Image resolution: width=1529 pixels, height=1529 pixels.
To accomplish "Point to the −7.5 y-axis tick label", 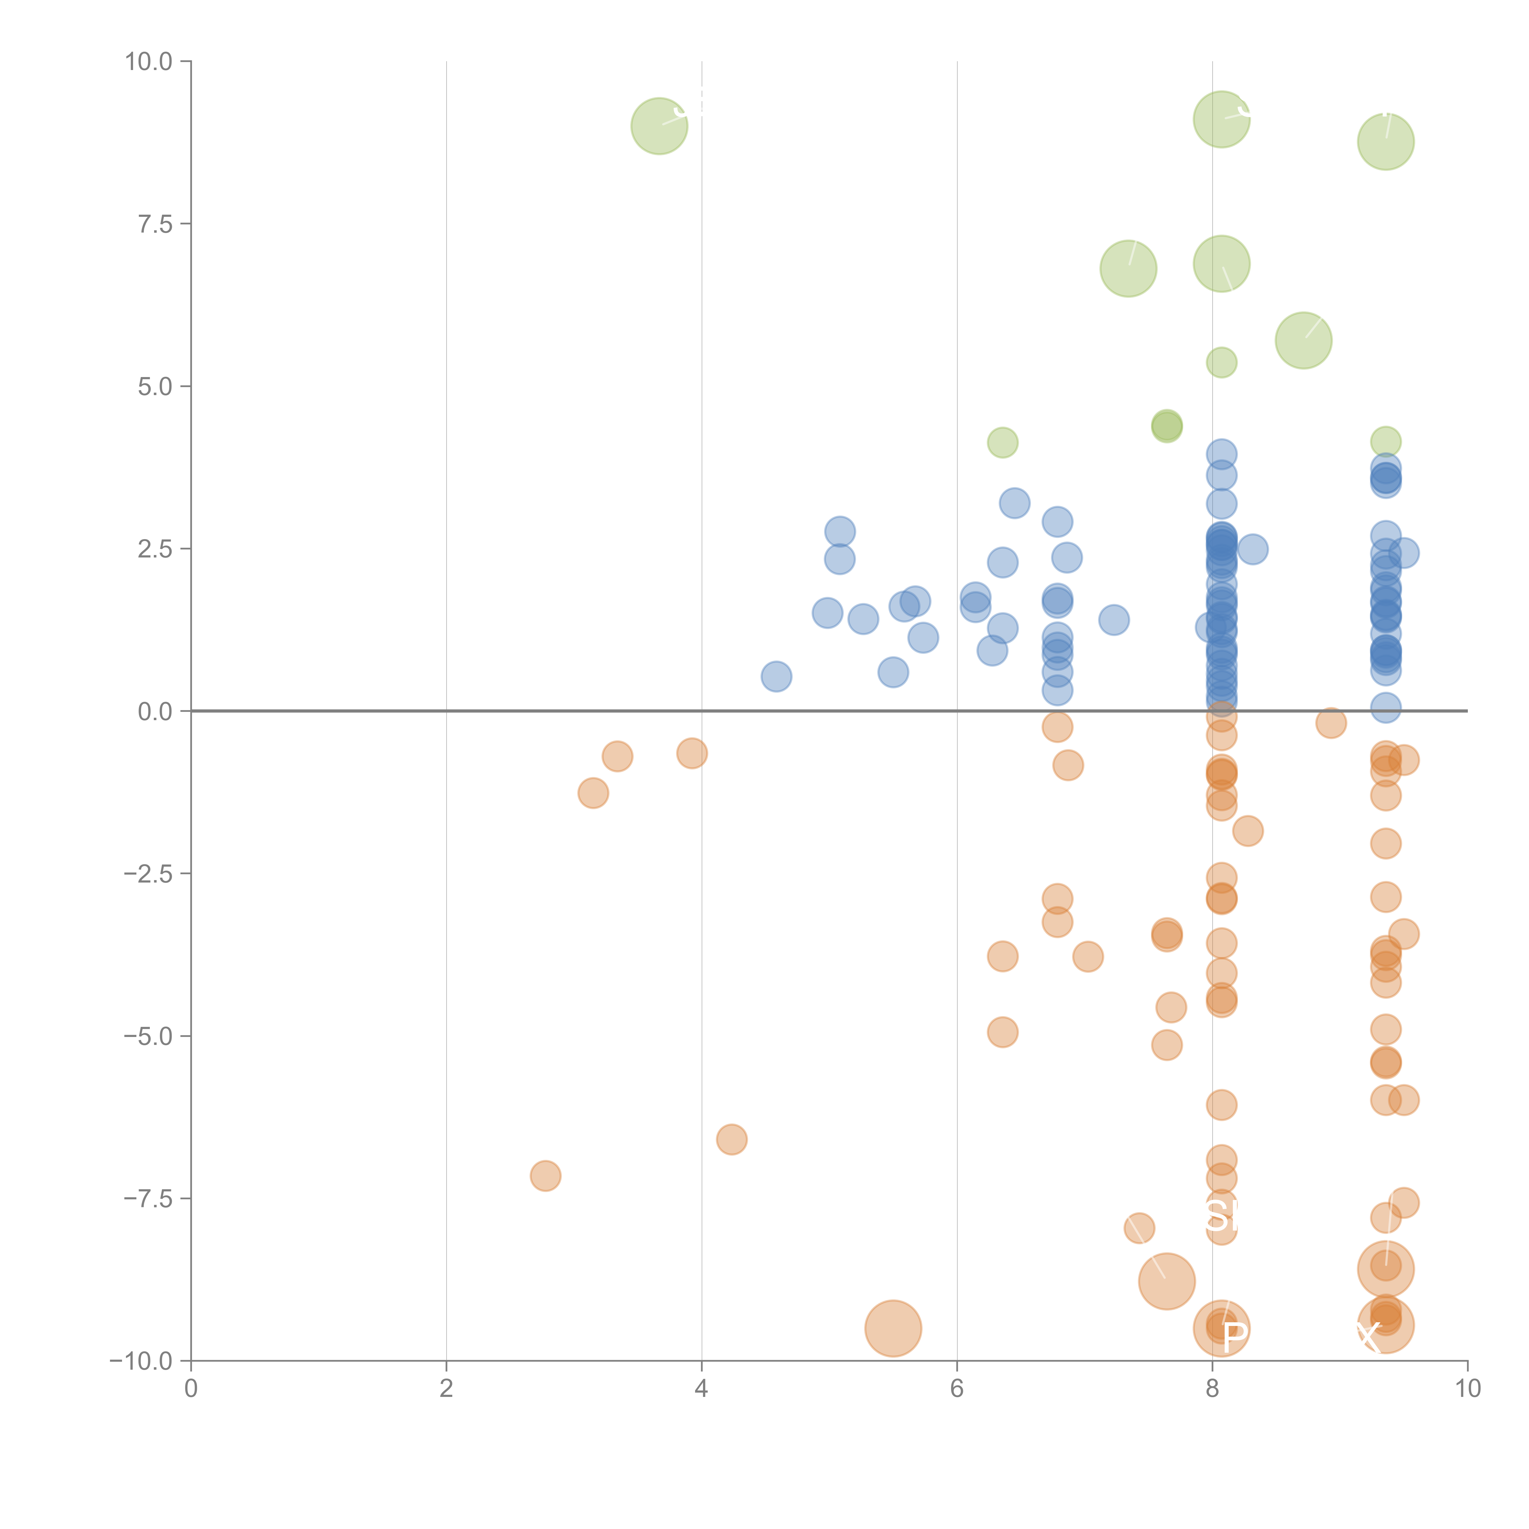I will click(149, 1198).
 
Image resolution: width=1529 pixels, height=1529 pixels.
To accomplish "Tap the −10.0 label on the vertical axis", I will click(143, 1361).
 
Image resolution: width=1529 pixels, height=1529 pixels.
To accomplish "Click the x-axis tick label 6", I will click(957, 1389).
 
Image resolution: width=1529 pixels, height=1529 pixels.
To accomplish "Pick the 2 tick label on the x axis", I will click(446, 1389).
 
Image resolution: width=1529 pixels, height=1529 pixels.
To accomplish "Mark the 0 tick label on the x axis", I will click(191, 1389).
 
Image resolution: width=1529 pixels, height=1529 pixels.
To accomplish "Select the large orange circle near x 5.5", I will click(893, 1328).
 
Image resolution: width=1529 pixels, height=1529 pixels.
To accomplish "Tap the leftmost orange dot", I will click(545, 1176).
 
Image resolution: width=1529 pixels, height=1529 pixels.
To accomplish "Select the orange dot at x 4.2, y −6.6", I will click(731, 1140).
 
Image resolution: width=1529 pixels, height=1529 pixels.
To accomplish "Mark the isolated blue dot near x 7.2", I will click(1113, 620).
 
